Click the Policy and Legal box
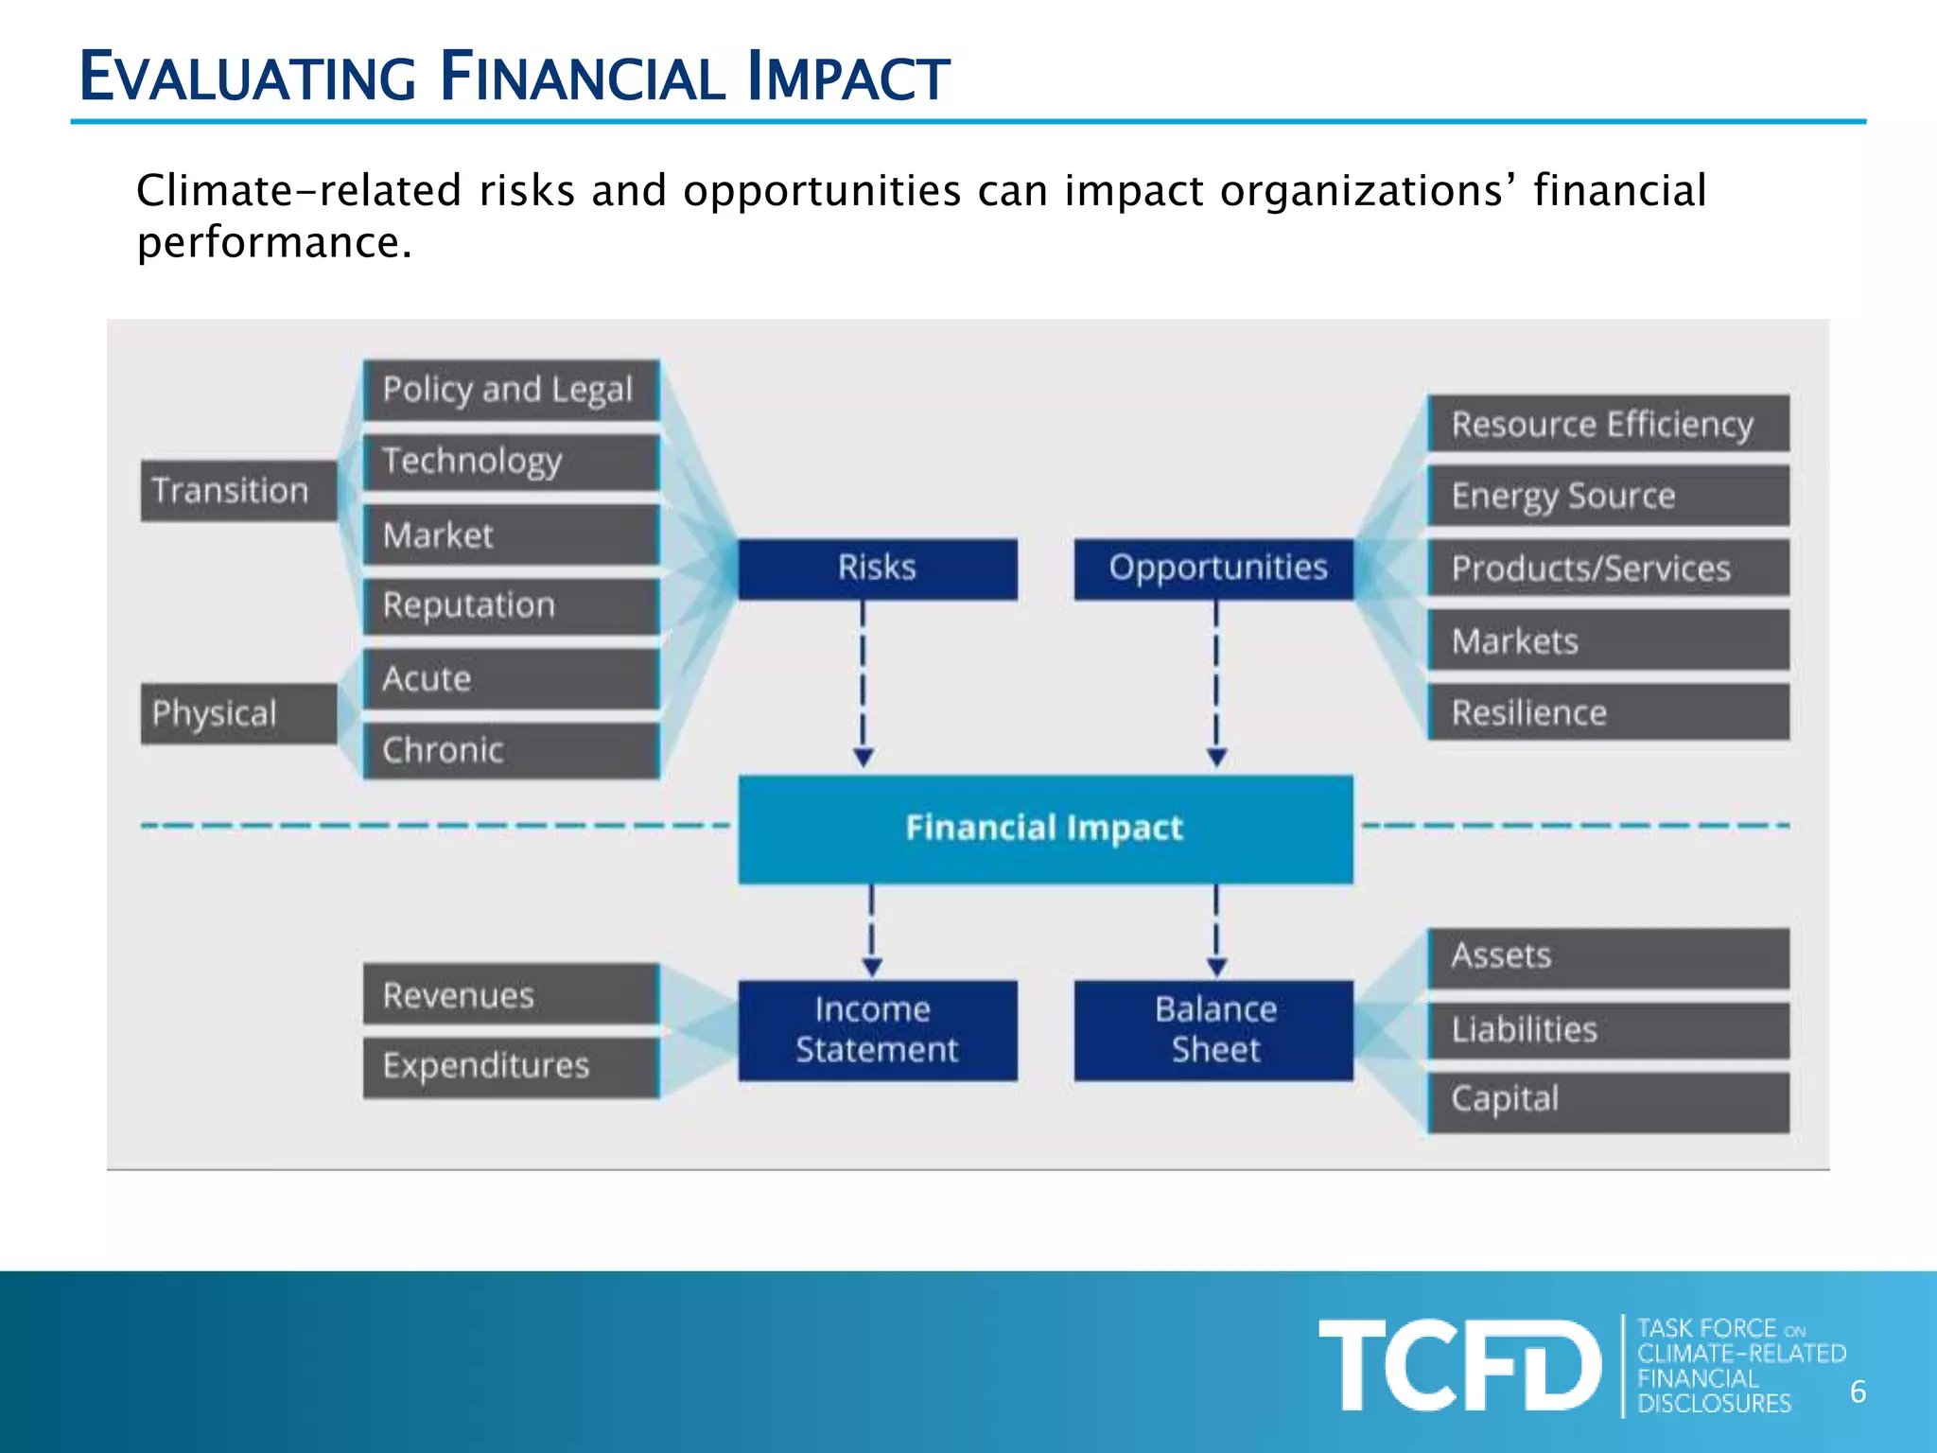[x=511, y=390]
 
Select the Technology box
[x=511, y=462]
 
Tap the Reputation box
[x=511, y=605]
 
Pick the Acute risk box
[x=511, y=678]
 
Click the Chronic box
[x=511, y=750]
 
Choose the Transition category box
[x=238, y=490]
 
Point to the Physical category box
[x=238, y=713]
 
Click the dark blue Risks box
[x=877, y=569]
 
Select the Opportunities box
[x=1214, y=569]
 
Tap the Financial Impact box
[x=1045, y=829]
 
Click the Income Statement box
[x=877, y=1030]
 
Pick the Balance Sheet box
[x=1214, y=1030]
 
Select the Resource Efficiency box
[x=1608, y=424]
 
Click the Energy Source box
[x=1608, y=496]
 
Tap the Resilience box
[x=1608, y=712]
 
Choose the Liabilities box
[x=1608, y=1029]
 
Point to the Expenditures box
[x=511, y=1067]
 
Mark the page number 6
[x=1858, y=1392]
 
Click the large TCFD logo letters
[x=1459, y=1365]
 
